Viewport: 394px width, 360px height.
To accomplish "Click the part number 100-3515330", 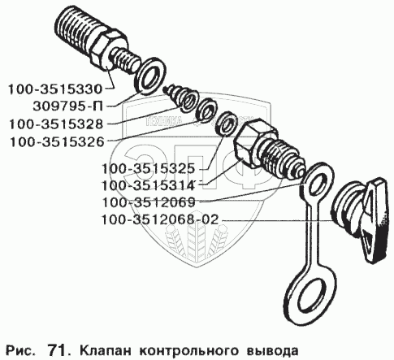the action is (x=55, y=89).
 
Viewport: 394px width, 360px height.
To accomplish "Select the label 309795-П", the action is (x=68, y=106).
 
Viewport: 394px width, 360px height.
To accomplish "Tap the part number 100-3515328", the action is (x=56, y=124).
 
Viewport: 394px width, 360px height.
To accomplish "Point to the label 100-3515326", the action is (x=57, y=142).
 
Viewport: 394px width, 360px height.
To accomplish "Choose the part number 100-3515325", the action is (x=148, y=168).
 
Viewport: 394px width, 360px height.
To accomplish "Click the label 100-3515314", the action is (x=148, y=185).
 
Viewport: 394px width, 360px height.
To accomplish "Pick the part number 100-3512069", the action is (x=149, y=202).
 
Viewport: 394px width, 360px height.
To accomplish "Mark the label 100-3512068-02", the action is (x=159, y=219).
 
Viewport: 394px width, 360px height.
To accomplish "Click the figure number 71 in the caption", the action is (x=56, y=350).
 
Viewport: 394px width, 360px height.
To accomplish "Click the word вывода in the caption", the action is (x=273, y=350).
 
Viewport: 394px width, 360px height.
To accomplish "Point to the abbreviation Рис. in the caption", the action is (x=20, y=351).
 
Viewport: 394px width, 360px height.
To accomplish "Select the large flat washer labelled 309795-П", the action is (x=151, y=76).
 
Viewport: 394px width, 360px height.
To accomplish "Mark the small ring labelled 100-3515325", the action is (x=227, y=123).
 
